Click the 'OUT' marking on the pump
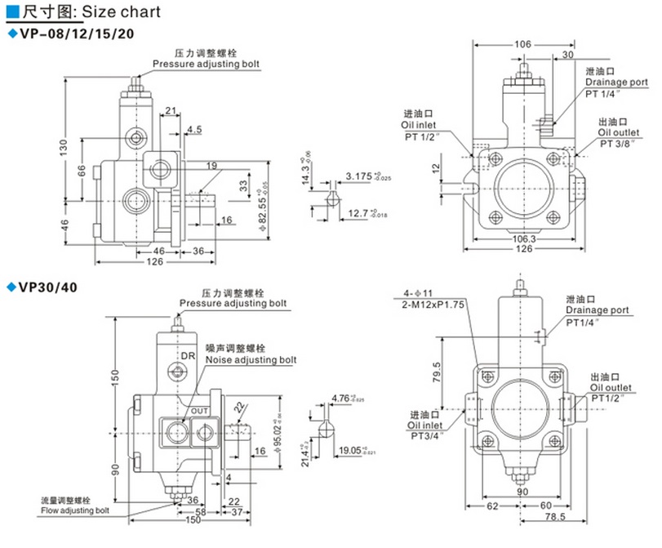point(200,410)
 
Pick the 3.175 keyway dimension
point(357,176)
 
